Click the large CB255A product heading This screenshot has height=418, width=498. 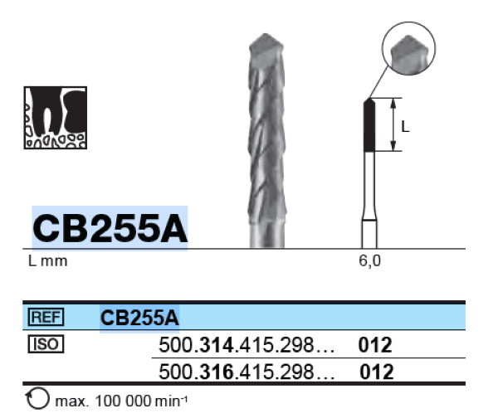click(x=110, y=228)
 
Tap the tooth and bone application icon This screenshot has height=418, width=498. click(x=56, y=118)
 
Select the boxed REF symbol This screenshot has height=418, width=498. click(x=46, y=317)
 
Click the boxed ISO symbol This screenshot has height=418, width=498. click(x=46, y=343)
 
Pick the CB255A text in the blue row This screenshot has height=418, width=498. click(x=139, y=318)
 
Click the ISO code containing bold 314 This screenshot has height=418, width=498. click(x=247, y=345)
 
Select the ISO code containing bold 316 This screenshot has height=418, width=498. click(x=247, y=372)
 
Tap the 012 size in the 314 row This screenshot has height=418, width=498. click(x=375, y=345)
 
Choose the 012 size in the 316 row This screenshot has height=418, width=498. click(x=376, y=372)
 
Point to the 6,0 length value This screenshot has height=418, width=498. click(x=369, y=261)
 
